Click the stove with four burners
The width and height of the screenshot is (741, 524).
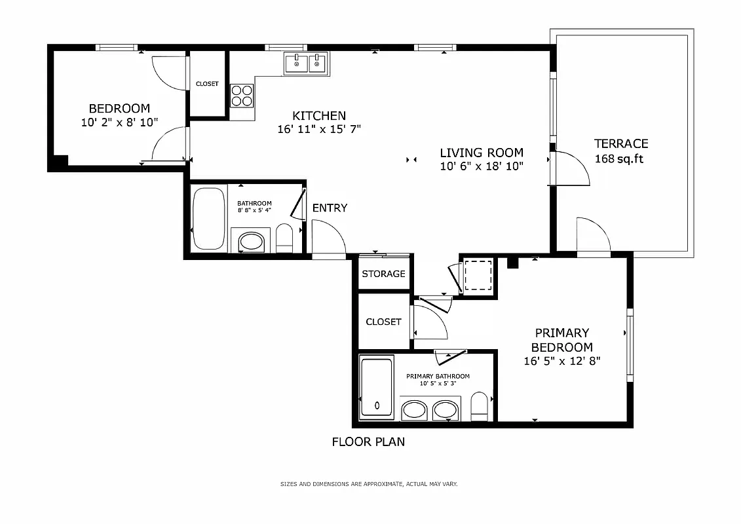tap(242, 96)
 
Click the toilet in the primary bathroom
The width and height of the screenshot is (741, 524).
tap(480, 407)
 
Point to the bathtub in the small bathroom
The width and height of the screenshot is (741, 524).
tap(208, 219)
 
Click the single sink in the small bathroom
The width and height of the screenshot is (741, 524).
tap(250, 242)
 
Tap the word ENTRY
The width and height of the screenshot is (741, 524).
tap(330, 208)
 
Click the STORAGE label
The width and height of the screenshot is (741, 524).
tap(383, 274)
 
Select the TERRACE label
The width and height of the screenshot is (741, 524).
tap(620, 143)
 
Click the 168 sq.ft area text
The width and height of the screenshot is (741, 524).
tap(618, 159)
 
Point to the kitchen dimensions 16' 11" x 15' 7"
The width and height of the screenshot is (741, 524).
tap(319, 130)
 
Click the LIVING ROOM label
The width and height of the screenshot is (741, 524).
tap(482, 153)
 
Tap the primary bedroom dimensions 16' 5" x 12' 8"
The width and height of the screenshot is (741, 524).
tap(561, 361)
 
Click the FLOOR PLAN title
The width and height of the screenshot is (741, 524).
tap(368, 442)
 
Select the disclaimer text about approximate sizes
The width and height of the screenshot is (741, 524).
tap(369, 484)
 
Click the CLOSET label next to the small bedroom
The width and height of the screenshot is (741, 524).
tap(207, 84)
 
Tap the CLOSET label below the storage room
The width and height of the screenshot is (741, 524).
tap(383, 322)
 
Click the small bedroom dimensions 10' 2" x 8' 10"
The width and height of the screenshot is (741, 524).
tap(119, 122)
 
